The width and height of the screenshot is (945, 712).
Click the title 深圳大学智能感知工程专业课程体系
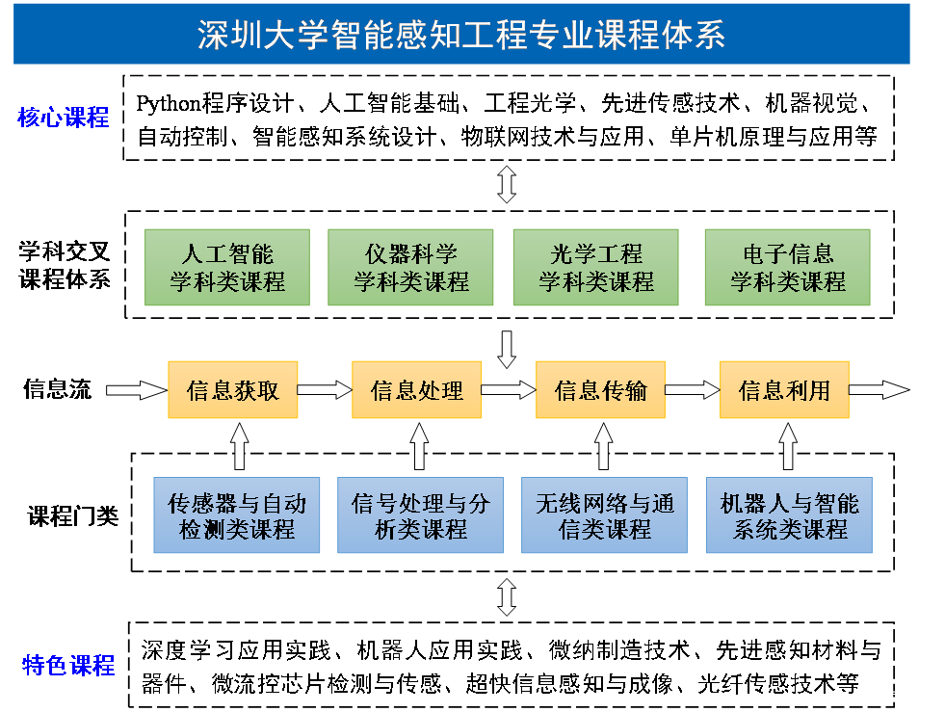pyautogui.click(x=460, y=35)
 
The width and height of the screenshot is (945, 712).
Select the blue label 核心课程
pyautogui.click(x=64, y=119)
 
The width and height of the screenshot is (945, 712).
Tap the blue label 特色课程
pyautogui.click(x=68, y=665)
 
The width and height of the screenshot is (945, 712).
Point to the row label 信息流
pyautogui.click(x=58, y=389)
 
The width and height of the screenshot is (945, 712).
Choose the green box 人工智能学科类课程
pyautogui.click(x=227, y=268)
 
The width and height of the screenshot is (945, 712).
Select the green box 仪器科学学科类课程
pyautogui.click(x=410, y=268)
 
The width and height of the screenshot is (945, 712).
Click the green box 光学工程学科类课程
pyautogui.click(x=595, y=268)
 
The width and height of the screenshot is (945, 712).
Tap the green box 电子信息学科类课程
pyautogui.click(x=787, y=268)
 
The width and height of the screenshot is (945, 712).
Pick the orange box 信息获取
pyautogui.click(x=233, y=389)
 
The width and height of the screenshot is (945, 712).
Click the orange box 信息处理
pyautogui.click(x=416, y=389)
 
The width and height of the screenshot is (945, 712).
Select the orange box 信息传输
pyautogui.click(x=600, y=389)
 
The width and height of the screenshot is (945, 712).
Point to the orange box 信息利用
pyautogui.click(x=784, y=389)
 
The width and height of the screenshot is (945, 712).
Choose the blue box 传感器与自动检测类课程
pyautogui.click(x=237, y=515)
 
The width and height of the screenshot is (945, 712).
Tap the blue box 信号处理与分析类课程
pyautogui.click(x=420, y=515)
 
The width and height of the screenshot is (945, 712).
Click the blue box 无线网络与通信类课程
pyautogui.click(x=604, y=515)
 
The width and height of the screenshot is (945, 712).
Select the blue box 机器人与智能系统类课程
pyautogui.click(x=789, y=515)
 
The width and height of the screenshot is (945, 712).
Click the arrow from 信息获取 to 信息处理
pyautogui.click(x=325, y=389)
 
